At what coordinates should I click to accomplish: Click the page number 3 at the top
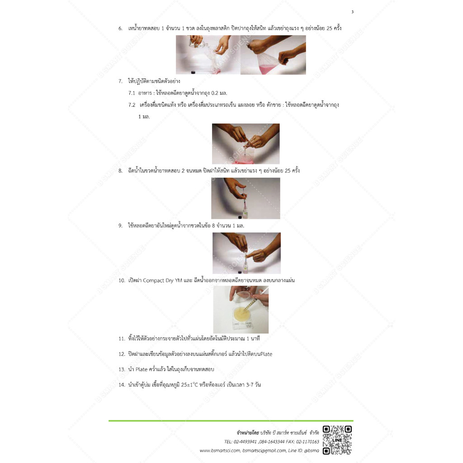coord(352,12)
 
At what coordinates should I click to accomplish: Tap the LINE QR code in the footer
coord(337,439)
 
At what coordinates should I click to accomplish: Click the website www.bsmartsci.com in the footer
coord(220,450)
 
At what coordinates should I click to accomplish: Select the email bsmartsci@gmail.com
coord(264,450)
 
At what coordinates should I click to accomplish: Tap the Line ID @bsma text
coord(312,450)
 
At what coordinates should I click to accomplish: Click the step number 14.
coord(121,385)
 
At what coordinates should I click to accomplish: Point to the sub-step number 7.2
coord(132,105)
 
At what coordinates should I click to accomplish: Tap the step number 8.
coord(120,171)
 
